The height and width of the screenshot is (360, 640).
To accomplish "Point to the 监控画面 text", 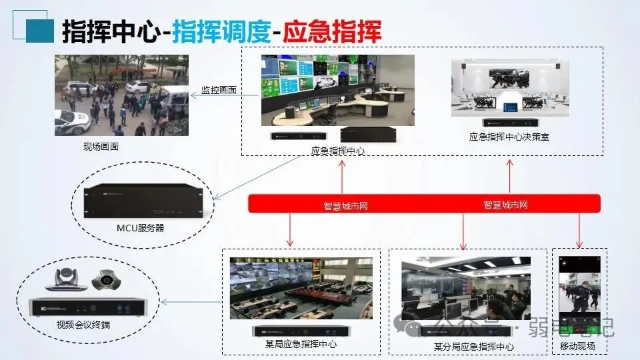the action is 219,90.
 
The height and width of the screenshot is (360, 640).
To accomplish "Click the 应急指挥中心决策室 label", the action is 509,137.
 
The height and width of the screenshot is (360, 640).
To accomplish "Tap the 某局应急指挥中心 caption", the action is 301,345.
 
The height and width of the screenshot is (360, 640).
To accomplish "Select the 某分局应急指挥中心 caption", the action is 474,347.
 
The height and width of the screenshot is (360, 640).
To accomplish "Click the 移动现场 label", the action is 577,347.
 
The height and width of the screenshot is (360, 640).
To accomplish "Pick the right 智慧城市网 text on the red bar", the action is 506,205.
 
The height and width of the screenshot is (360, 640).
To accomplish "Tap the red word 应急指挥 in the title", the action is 331,31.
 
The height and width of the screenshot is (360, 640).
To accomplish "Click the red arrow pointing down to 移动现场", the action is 579,230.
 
